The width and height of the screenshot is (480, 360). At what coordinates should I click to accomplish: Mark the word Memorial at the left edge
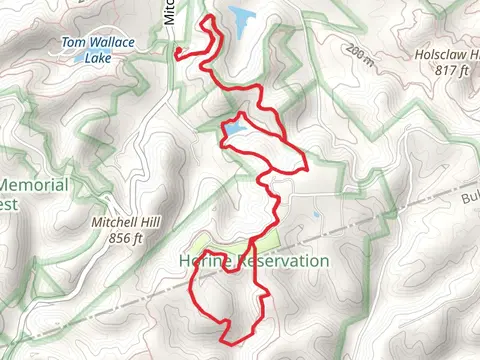pos(34,185)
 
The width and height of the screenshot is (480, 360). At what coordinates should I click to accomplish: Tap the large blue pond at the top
pos(241,17)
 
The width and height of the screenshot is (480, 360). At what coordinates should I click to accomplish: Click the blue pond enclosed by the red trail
pos(234,129)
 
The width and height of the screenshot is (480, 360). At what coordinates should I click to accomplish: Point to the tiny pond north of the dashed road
pos(315,214)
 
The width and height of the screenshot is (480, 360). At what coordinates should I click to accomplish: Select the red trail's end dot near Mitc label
pos(176,51)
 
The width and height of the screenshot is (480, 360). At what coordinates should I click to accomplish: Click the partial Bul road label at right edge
pos(469,199)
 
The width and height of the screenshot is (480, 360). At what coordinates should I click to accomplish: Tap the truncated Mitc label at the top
pos(169,12)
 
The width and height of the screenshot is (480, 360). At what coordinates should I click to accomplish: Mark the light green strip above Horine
pos(225,247)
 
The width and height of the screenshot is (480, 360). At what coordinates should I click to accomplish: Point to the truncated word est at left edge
pos(9,203)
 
